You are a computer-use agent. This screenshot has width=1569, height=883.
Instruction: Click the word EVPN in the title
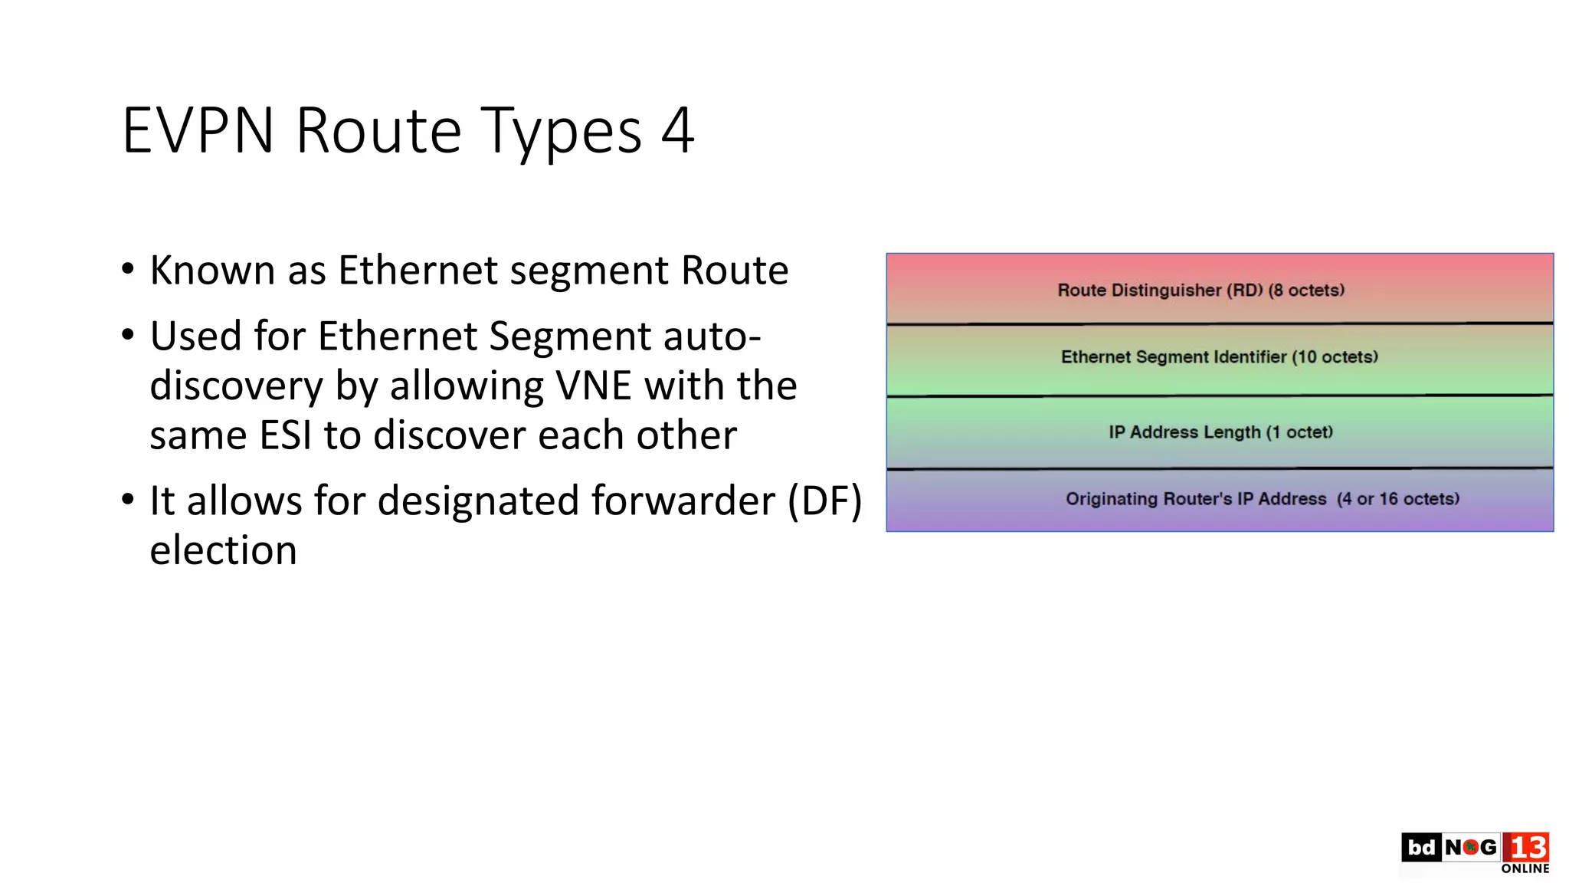coord(198,130)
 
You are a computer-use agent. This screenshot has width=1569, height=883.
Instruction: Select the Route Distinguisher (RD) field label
coord(1200,291)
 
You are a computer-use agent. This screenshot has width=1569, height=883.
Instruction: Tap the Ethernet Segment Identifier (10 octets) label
coord(1219,357)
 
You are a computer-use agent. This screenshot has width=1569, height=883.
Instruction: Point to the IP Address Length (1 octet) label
coord(1220,432)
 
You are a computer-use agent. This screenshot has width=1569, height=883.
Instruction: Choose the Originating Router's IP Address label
coord(1195,499)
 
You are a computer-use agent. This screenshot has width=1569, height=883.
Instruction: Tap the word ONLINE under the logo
coord(1525,869)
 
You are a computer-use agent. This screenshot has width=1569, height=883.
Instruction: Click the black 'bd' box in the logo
coord(1421,848)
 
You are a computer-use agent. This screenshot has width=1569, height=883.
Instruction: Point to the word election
coord(223,551)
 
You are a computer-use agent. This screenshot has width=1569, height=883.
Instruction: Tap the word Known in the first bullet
coord(212,271)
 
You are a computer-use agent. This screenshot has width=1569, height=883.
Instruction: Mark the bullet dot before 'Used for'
coord(128,335)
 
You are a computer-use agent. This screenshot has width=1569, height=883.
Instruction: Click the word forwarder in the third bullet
coord(683,501)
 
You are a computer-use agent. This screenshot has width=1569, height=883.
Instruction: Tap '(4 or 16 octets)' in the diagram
coord(1397,499)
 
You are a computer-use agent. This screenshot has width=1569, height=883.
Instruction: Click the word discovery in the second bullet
coord(236,386)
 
